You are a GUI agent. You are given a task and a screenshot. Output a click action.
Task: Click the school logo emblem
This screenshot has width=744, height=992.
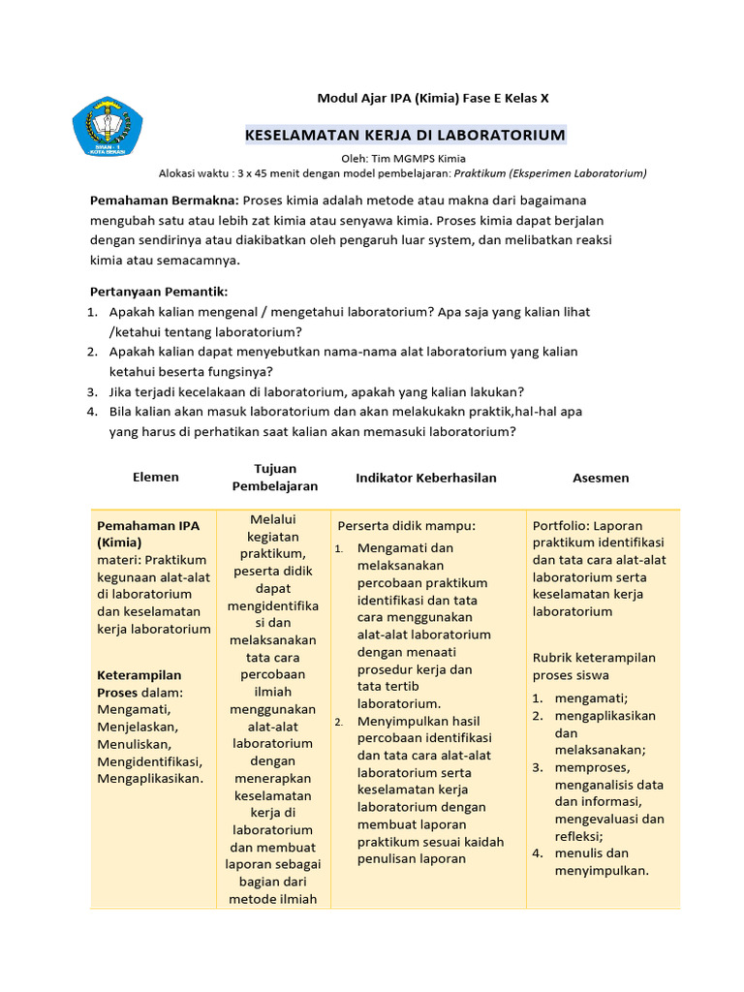[x=108, y=125]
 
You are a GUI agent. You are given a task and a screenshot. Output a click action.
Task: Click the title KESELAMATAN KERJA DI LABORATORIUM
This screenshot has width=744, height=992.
[x=404, y=135]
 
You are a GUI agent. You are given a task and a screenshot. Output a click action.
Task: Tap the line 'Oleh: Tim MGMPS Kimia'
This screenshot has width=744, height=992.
[x=404, y=158]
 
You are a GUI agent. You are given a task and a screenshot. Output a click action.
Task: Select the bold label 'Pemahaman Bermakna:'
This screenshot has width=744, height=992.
[x=164, y=200]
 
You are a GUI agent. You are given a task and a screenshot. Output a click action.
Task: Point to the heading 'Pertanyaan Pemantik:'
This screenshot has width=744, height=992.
[x=158, y=292]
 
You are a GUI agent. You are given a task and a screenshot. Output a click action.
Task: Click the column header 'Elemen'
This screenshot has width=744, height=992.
[x=155, y=477]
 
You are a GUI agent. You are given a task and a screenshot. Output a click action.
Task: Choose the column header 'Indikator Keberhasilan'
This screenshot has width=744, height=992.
[x=426, y=478]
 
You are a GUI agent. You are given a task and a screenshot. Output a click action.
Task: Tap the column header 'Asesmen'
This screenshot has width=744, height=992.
[x=601, y=478]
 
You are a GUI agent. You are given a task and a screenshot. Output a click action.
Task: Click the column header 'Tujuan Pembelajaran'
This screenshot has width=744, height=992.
[x=275, y=477]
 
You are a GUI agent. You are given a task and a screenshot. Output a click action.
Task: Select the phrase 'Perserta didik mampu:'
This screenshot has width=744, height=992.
[x=406, y=525]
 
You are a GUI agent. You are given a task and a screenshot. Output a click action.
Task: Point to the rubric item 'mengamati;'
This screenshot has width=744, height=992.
[x=591, y=698]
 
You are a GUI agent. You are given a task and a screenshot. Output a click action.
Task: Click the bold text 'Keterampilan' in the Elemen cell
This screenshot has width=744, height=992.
[x=139, y=674]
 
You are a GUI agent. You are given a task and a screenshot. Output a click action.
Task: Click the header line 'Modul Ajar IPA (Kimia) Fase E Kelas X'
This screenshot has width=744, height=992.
[x=433, y=98]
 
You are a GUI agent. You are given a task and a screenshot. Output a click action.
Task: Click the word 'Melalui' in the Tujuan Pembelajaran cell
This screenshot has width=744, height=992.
[x=273, y=519]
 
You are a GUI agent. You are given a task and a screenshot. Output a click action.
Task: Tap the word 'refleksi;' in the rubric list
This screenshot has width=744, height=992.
[x=579, y=836]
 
